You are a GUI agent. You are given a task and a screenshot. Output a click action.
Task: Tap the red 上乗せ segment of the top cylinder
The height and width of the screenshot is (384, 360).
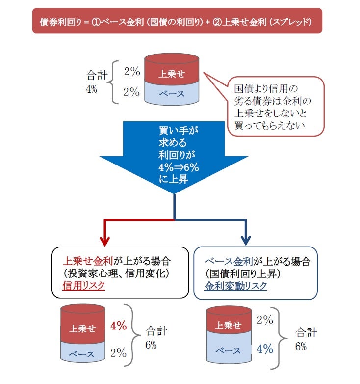[x=172, y=74]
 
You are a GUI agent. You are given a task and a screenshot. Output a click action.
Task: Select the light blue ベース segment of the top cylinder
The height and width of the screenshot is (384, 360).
[x=172, y=93]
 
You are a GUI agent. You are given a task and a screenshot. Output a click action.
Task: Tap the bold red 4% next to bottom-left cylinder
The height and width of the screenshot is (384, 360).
[x=119, y=326]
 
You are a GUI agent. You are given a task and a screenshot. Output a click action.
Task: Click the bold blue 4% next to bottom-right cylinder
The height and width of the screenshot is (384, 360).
[x=265, y=349]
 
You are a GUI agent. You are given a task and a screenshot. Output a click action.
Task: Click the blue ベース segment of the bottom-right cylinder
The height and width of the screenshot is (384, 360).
[x=229, y=349]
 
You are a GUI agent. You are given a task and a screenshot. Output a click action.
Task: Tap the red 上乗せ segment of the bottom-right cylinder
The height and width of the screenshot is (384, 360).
[x=229, y=325]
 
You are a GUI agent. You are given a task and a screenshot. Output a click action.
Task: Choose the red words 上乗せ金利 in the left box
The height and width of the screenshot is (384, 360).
[x=87, y=260]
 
